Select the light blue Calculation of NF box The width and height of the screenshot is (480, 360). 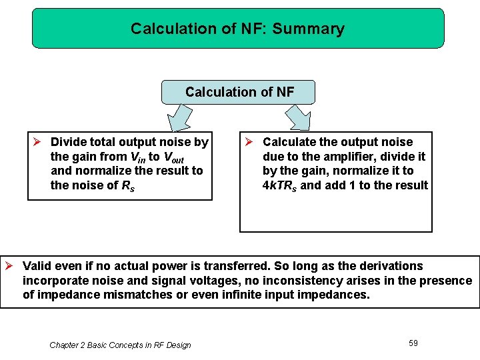click(x=239, y=92)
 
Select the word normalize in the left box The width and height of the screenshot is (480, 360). click(x=103, y=171)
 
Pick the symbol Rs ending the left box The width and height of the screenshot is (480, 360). click(x=126, y=185)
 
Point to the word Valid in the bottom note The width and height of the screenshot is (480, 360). click(x=37, y=266)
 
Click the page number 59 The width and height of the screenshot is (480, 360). click(x=413, y=343)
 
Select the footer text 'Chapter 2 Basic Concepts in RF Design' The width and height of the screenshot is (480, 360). click(x=120, y=345)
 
